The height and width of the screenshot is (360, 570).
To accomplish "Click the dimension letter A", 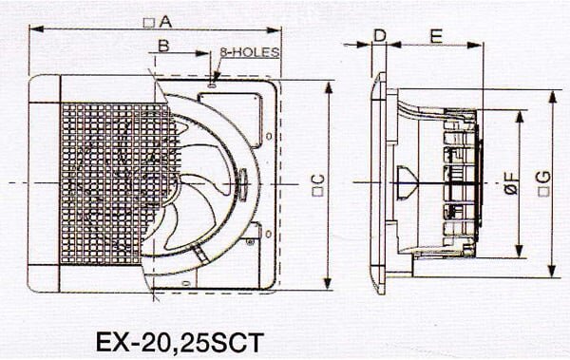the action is click(x=165, y=22).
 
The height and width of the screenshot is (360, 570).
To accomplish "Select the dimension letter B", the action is click(x=163, y=46).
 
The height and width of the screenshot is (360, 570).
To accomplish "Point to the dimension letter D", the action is click(x=380, y=36).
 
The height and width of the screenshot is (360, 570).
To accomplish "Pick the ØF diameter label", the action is click(x=512, y=183).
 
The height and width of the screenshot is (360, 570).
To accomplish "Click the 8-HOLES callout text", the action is click(x=250, y=52).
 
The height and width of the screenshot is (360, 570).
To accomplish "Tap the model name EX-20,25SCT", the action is click(x=180, y=342).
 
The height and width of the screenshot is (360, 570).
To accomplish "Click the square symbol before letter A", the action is click(x=149, y=23).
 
